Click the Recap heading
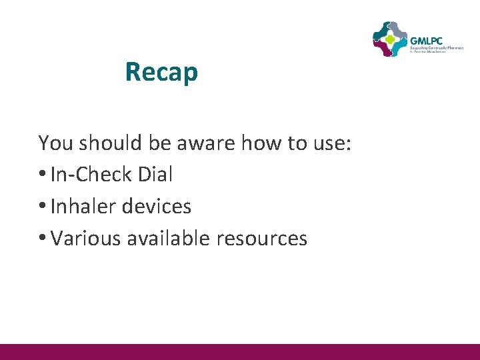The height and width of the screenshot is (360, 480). click(x=161, y=72)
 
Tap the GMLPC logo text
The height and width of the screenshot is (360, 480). click(x=427, y=39)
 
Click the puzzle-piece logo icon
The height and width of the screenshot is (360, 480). click(x=389, y=39)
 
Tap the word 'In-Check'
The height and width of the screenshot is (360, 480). click(x=91, y=175)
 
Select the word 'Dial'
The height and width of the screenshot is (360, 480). click(x=155, y=175)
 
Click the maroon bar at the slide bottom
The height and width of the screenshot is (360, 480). click(x=240, y=351)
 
